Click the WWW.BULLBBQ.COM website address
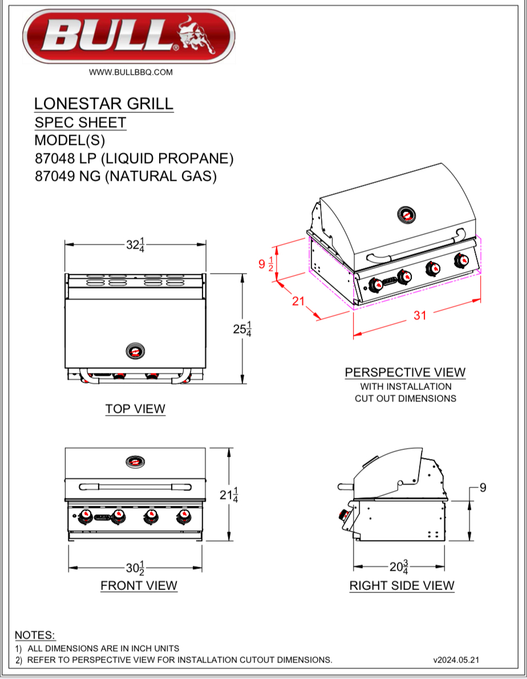tap(131, 72)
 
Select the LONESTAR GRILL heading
tap(103, 104)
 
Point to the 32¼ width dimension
tap(135, 245)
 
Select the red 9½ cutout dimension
tap(266, 264)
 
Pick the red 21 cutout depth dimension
tap(298, 301)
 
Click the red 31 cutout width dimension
tap(420, 315)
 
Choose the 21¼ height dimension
tap(229, 495)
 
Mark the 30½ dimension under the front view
tap(135, 568)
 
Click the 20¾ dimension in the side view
tap(399, 567)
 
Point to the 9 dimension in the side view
tap(483, 488)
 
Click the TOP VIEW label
tap(135, 409)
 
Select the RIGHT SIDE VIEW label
tap(402, 586)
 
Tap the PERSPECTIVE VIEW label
tap(405, 372)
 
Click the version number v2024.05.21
tap(456, 660)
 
